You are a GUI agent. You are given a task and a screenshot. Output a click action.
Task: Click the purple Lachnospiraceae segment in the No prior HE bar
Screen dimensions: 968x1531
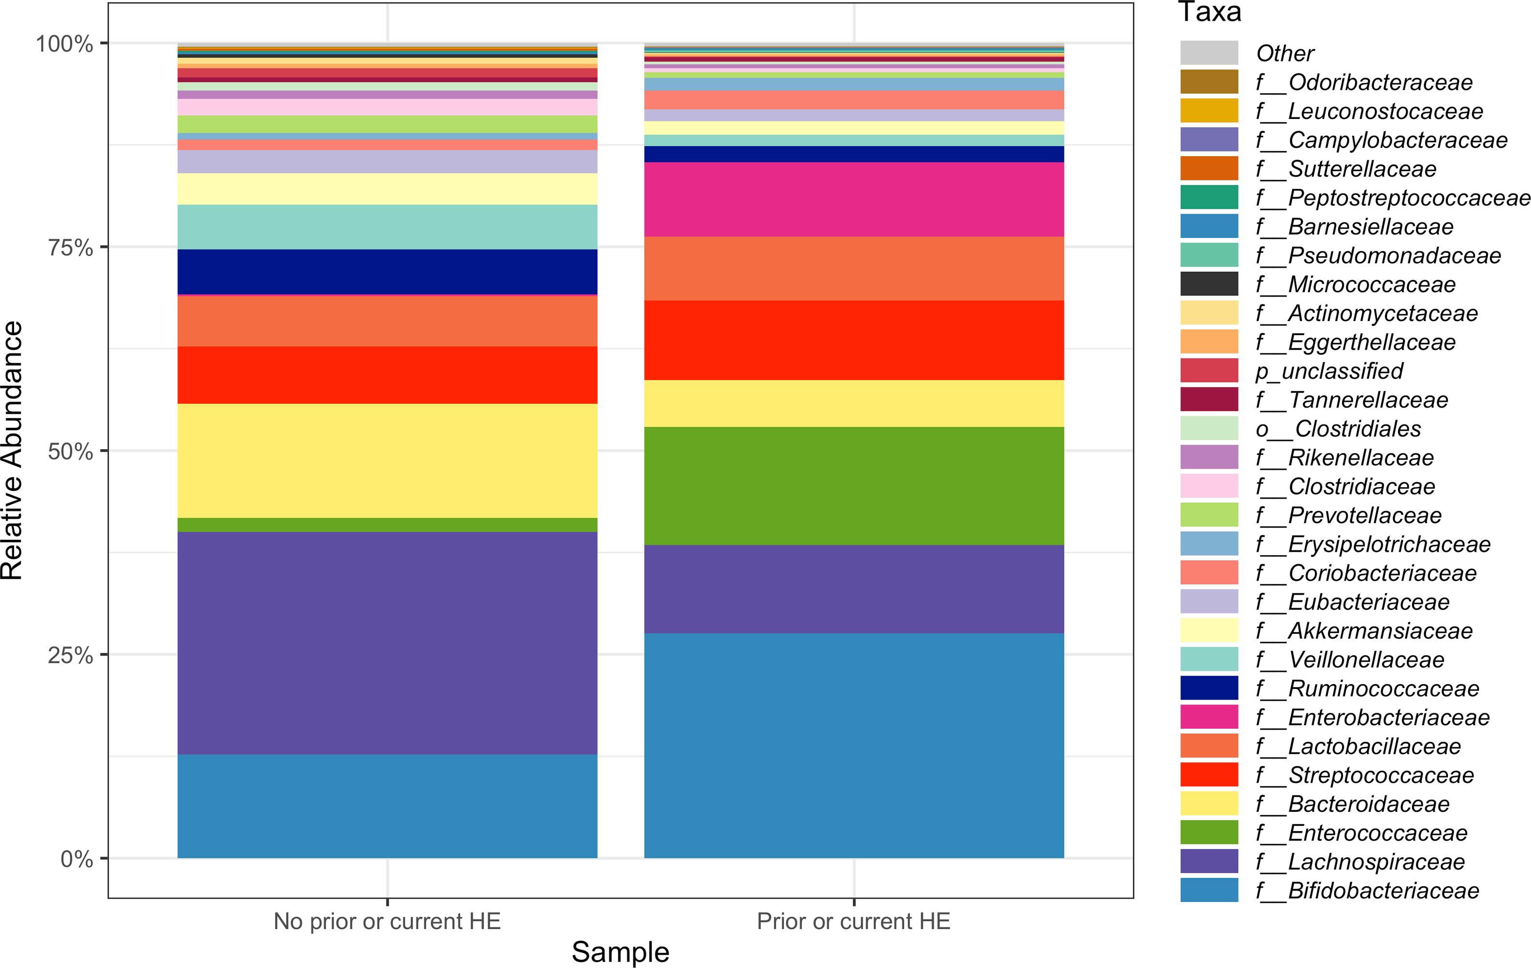[x=387, y=643]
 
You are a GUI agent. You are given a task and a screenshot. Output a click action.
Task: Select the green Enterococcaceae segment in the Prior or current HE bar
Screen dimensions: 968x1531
[x=853, y=485]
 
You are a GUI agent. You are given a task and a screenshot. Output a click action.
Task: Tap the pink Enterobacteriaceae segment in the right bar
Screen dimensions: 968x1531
[x=853, y=199]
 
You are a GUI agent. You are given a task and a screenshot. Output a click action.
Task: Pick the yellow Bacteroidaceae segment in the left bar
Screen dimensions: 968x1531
[x=387, y=460]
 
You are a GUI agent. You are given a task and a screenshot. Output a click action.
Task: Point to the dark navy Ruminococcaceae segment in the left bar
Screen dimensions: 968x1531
[x=387, y=272]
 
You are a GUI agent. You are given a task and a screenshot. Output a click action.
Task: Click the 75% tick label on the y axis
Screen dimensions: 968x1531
[x=71, y=248]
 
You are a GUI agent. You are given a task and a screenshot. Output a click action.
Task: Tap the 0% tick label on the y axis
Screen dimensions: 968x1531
[x=76, y=859]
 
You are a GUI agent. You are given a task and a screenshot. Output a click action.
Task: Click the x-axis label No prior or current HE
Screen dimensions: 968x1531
[x=387, y=921]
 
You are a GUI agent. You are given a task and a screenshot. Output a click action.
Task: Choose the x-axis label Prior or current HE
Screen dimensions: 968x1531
[x=853, y=921]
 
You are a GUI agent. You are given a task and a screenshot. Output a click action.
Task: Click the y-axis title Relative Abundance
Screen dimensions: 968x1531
[x=13, y=450]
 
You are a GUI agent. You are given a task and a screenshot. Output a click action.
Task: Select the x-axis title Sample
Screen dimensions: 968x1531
[x=620, y=952]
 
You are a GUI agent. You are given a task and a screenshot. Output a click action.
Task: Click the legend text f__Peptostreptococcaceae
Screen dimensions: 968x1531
[x=1392, y=198]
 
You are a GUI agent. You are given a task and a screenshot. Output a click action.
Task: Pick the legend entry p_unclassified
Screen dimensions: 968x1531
[x=1329, y=371]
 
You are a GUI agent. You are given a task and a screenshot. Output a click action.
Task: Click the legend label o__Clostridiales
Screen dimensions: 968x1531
[x=1338, y=429]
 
